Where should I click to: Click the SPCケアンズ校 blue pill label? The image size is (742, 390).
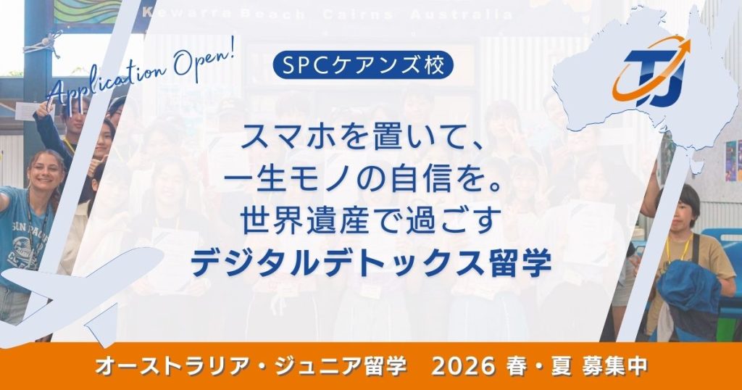click(x=363, y=65)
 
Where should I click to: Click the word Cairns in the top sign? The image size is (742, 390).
click(x=358, y=14)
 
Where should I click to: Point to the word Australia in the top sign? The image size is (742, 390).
click(x=462, y=14)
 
